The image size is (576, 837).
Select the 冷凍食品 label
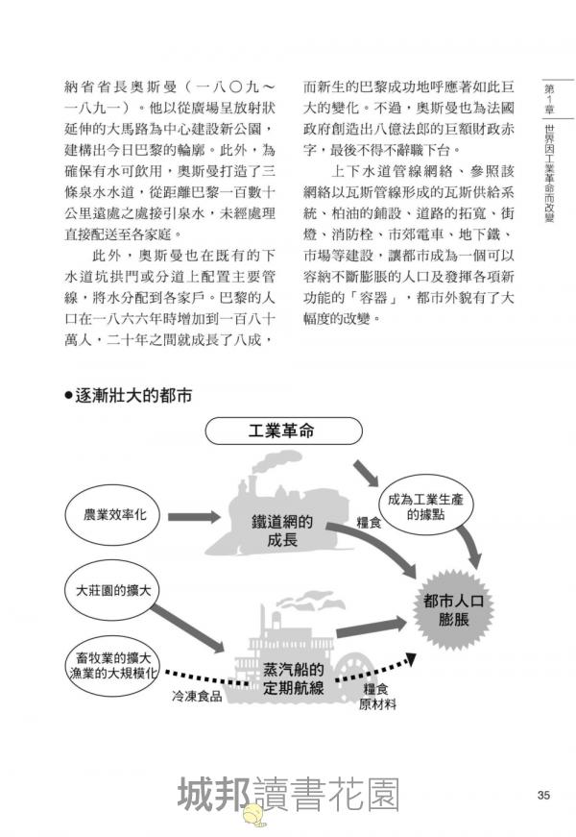click(197, 695)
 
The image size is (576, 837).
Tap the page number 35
click(542, 794)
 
